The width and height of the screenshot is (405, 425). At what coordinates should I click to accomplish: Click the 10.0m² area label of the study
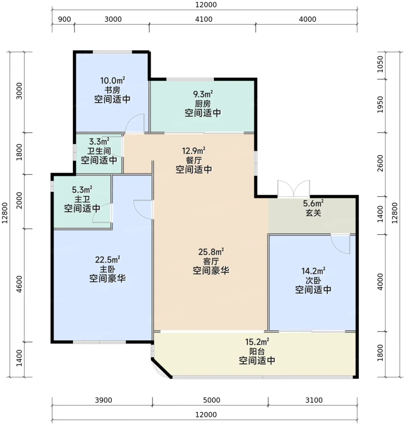[x=112, y=80]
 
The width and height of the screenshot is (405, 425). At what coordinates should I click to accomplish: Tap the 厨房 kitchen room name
[x=203, y=104]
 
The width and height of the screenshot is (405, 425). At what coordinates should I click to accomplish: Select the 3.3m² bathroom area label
[x=99, y=141]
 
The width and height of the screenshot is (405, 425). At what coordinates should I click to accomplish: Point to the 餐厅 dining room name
[x=194, y=160]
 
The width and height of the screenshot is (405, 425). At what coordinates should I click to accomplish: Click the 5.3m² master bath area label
[x=82, y=190]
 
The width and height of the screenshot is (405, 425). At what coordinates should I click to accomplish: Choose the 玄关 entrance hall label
[x=313, y=213]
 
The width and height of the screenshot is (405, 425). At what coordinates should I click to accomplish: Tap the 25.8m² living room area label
[x=211, y=252]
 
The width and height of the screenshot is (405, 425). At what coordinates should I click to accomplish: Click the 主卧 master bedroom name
[x=107, y=269]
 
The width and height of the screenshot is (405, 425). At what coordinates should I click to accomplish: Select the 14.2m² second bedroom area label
[x=313, y=271]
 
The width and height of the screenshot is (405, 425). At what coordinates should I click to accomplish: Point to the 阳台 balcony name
[x=257, y=351]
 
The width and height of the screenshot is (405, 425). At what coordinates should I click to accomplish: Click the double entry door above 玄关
[x=294, y=189]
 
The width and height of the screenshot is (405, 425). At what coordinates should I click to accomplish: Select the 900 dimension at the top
[x=64, y=19]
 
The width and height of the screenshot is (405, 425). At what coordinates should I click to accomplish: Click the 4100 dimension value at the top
[x=204, y=19]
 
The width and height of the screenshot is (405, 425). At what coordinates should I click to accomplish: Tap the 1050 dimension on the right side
[x=380, y=64]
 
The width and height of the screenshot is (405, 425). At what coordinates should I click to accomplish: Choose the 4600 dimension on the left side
[x=19, y=284]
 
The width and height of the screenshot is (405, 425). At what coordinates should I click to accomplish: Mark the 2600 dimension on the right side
[x=380, y=163]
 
